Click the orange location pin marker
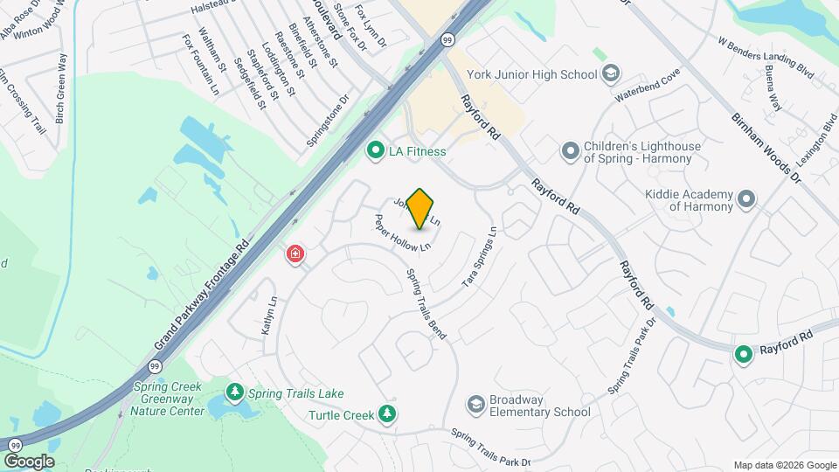point(420,209)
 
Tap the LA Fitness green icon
point(376,151)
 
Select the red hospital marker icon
point(295,254)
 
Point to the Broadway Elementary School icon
point(475,405)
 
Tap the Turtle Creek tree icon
point(388,413)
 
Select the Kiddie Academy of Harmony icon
point(745,199)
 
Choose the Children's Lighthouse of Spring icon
point(571,151)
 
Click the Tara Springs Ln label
point(479,259)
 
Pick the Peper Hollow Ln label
point(403,233)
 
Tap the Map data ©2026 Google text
point(784,465)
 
